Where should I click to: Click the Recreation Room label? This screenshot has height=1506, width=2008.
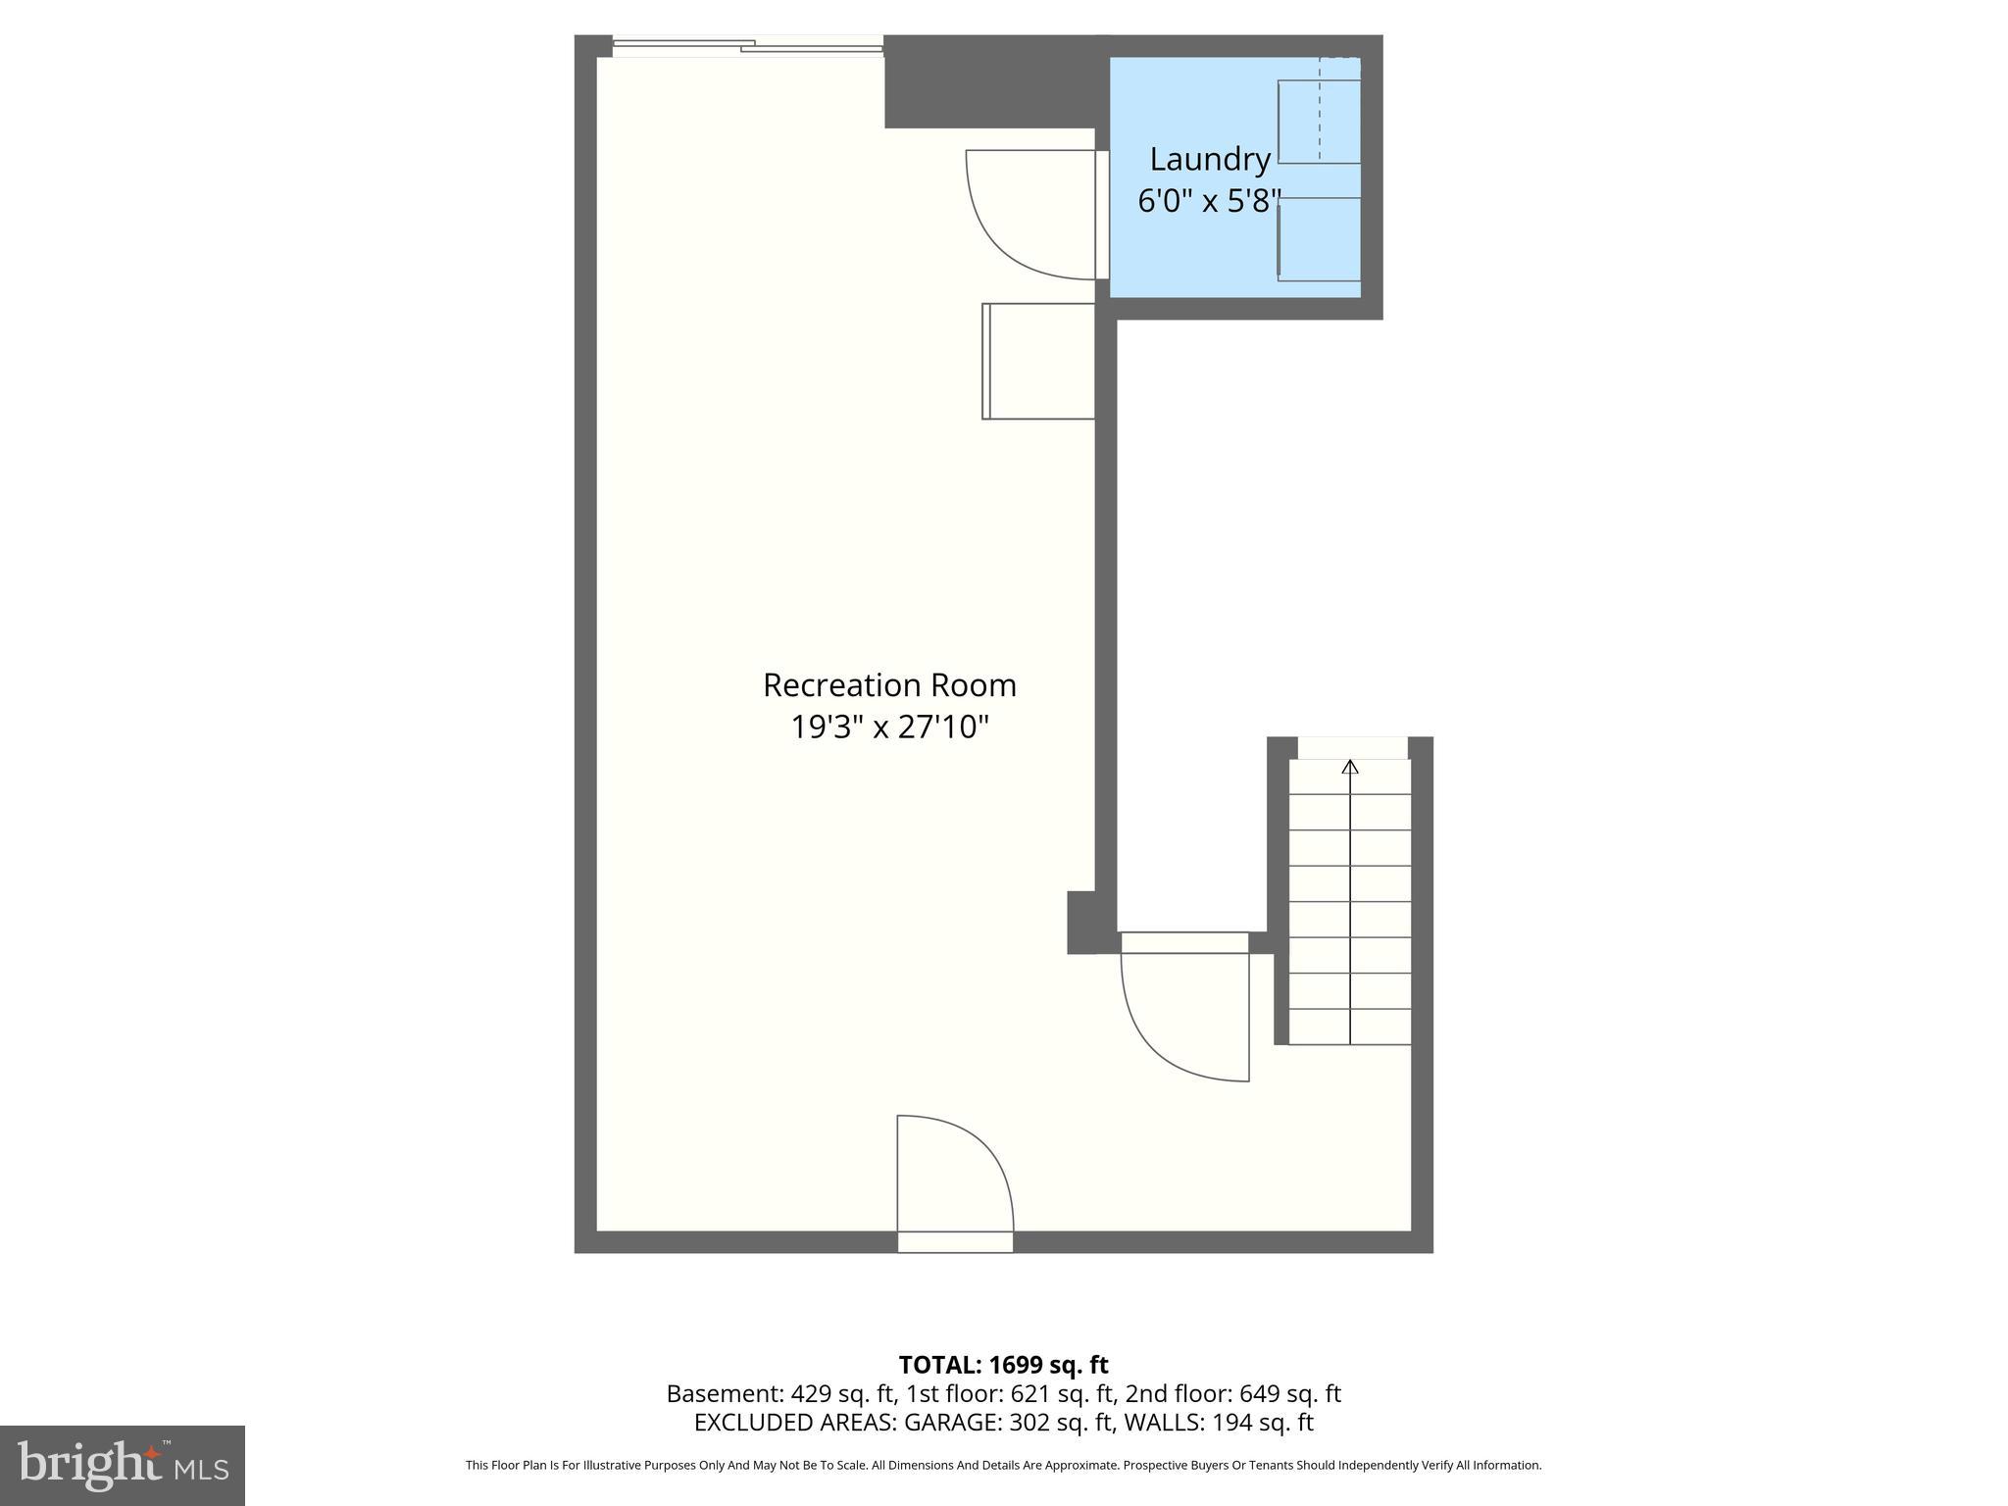pos(889,684)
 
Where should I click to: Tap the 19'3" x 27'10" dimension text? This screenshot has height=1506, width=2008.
pos(889,728)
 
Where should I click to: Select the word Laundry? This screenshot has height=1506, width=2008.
pos(1210,159)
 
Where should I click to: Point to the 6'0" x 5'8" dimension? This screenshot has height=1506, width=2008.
pos(1209,201)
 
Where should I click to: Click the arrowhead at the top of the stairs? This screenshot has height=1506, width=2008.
pos(1350,767)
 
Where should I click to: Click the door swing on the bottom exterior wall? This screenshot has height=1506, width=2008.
pos(955,1173)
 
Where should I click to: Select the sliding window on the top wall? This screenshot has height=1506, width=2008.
pos(748,45)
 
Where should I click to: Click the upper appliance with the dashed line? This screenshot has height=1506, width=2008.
pos(1320,121)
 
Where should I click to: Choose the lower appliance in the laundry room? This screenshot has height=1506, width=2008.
pos(1320,239)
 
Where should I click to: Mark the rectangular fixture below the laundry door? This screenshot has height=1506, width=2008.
pos(1038,362)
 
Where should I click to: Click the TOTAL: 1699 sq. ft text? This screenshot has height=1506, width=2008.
pos(1003,1365)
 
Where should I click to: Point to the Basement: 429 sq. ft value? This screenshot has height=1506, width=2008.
pos(779,1393)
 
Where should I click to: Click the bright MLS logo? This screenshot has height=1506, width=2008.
pos(123,1466)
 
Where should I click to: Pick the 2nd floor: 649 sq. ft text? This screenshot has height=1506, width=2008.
pos(1232,1393)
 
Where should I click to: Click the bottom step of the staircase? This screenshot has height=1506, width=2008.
pos(1350,1027)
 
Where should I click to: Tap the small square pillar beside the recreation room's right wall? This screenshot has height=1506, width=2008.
pos(1081,922)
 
